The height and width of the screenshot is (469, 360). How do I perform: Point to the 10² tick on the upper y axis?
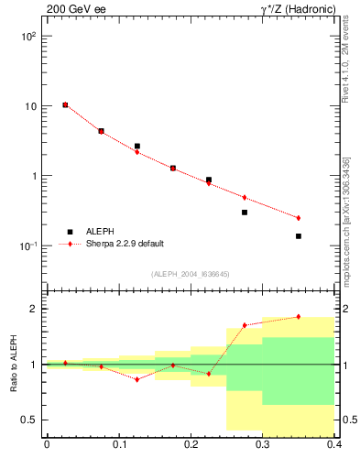tap(28, 37)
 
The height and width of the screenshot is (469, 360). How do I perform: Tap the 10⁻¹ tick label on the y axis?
tap(28, 246)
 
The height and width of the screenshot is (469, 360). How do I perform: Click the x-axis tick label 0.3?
tap(263, 446)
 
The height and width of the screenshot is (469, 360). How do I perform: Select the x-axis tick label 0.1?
tap(118, 446)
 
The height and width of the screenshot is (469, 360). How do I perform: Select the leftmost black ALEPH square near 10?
tap(65, 105)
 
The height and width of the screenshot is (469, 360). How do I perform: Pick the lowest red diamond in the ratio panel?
tap(136, 379)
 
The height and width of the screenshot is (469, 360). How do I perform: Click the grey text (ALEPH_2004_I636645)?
tap(191, 274)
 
